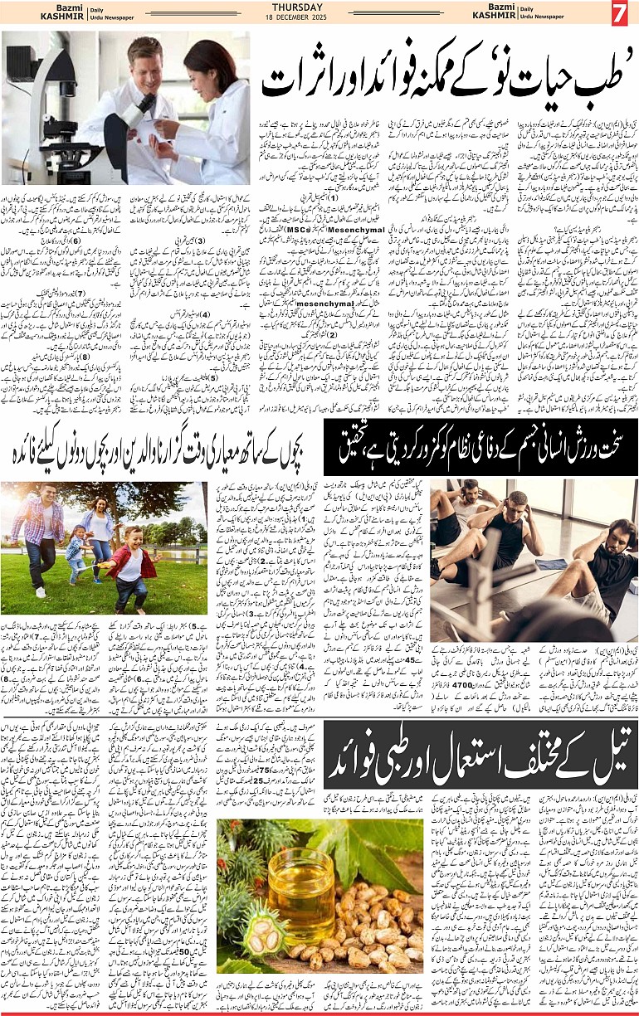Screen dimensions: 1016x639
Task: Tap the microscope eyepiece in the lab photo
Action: click(144, 103)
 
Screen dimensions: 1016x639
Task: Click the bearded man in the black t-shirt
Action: click(606, 564)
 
